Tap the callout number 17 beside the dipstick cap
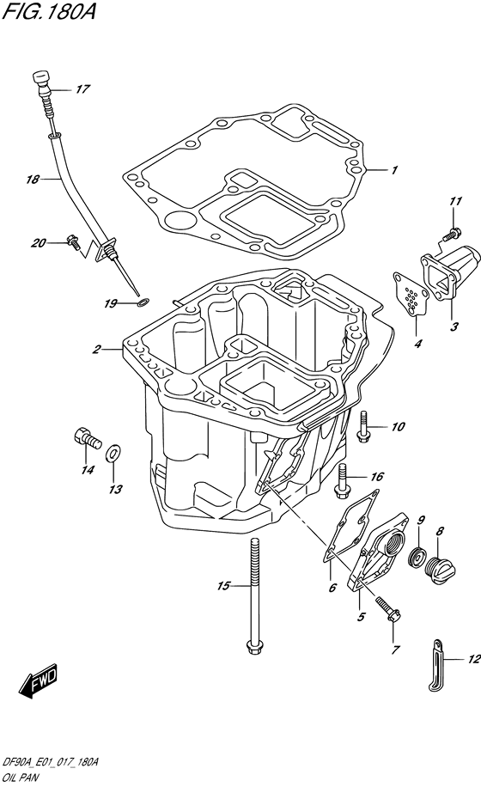click(82, 89)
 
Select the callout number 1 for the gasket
click(394, 170)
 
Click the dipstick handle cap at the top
click(41, 81)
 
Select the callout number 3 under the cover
click(454, 326)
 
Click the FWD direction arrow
click(38, 681)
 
